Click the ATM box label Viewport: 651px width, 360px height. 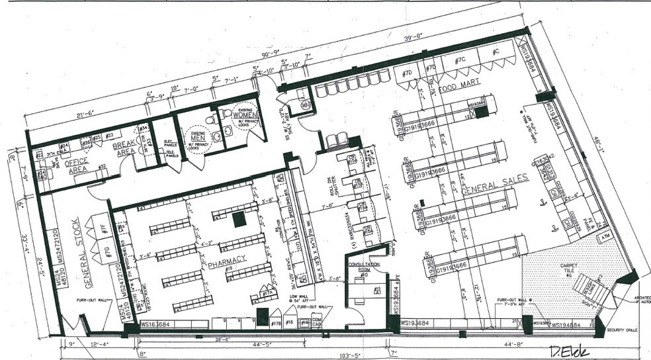click(x=604, y=236)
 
